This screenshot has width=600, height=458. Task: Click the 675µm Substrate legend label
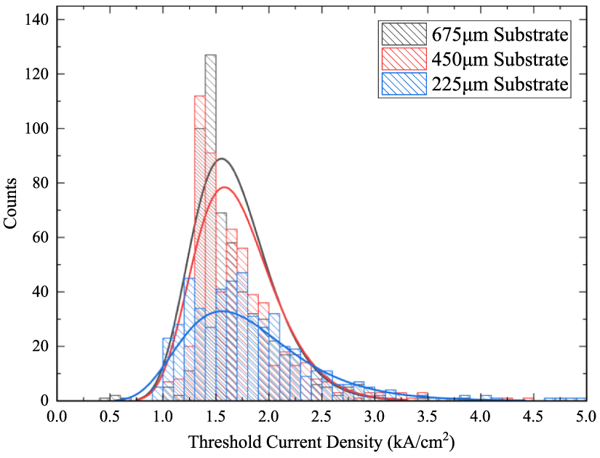tap(500, 35)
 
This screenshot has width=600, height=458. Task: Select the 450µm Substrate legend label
tap(500, 59)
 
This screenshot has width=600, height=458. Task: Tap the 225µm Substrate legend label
tap(500, 84)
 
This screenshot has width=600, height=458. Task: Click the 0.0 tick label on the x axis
tap(57, 416)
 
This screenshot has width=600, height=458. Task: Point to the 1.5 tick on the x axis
tap(215, 416)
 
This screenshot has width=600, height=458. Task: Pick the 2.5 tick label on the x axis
tap(321, 416)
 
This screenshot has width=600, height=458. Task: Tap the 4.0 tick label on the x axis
tap(479, 416)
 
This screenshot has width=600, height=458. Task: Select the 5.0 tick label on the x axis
tap(585, 416)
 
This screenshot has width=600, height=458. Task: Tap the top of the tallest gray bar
tap(210, 55)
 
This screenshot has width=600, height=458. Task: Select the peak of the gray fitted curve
tap(223, 159)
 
